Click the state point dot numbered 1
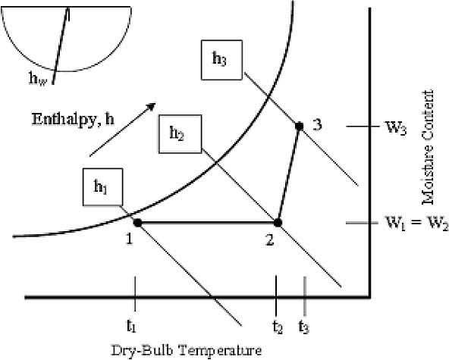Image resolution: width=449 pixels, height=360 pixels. (x=138, y=222)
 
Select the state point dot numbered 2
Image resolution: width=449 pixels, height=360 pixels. (x=278, y=222)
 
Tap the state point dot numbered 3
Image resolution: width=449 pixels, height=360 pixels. (x=300, y=126)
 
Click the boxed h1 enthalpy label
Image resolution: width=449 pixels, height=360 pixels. (x=103, y=187)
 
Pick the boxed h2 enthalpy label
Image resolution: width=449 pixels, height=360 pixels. (x=180, y=134)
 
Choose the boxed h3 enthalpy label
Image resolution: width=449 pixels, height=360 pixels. (x=221, y=60)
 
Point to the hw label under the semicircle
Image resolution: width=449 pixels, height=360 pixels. (x=38, y=78)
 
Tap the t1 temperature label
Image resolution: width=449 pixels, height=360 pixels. (x=131, y=326)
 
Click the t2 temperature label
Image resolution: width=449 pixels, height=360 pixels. (x=278, y=326)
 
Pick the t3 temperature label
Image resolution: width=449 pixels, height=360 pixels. (x=304, y=326)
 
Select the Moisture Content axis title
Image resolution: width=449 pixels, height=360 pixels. (x=428, y=148)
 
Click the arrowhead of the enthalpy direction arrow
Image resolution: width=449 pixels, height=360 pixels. (x=150, y=107)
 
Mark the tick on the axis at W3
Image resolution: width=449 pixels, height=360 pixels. (x=358, y=127)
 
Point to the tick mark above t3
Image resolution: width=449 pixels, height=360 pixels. (x=305, y=296)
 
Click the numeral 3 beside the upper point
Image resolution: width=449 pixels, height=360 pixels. (x=317, y=125)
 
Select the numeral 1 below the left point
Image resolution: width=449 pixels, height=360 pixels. (x=130, y=239)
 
